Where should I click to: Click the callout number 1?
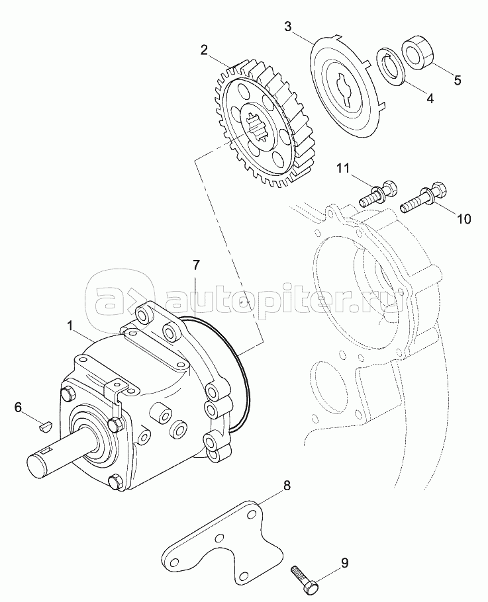point(71,325)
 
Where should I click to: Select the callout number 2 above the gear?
point(205,50)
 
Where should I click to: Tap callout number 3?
point(288,26)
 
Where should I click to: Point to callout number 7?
point(196,266)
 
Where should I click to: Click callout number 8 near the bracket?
point(287,486)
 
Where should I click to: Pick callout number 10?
point(464,219)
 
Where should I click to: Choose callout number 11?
point(341,169)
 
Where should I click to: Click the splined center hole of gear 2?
point(258,125)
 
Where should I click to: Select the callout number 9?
point(344,564)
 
